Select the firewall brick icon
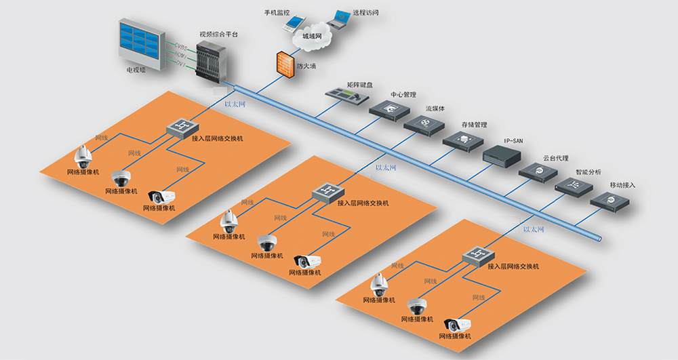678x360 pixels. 284,64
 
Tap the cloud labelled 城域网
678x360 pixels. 311,37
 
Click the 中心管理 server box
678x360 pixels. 390,109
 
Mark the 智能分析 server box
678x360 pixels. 574,186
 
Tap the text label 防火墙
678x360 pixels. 306,66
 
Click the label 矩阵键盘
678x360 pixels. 360,85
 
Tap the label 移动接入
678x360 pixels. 623,185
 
